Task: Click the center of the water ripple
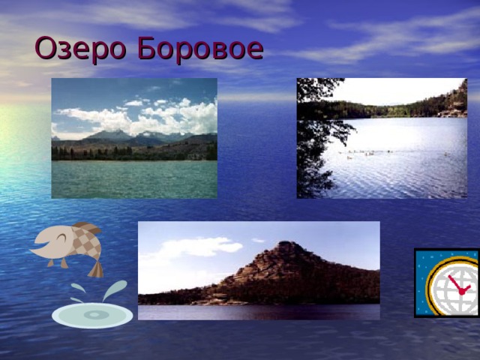pos(92,315)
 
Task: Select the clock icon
pos(446,283)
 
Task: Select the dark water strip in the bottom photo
pos(259,312)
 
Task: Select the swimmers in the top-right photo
pos(367,154)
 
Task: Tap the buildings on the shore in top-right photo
pos(450,113)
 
